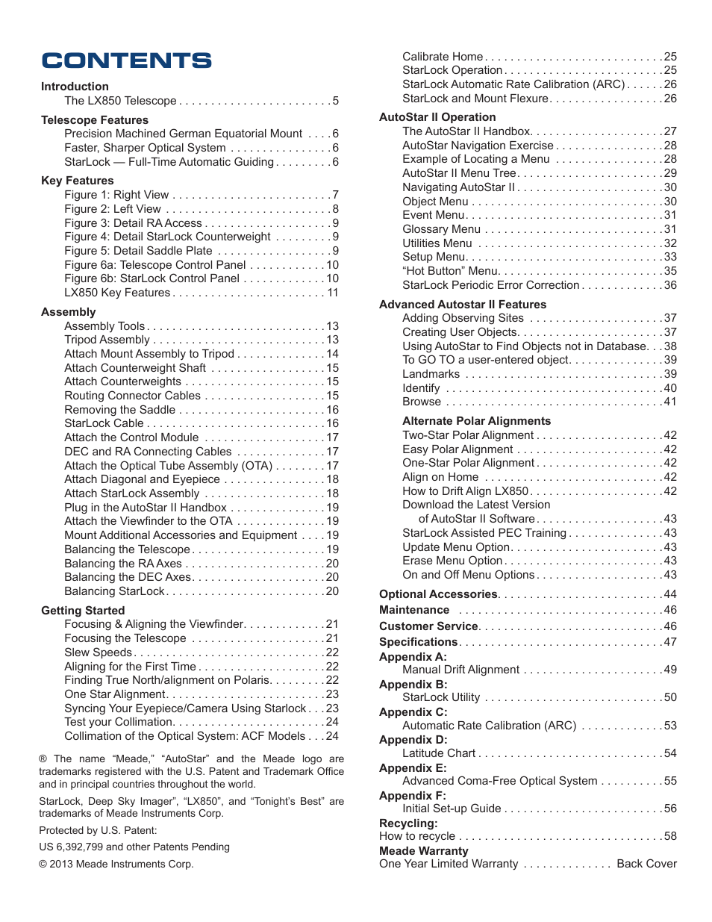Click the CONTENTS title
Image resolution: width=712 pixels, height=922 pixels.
click(x=127, y=60)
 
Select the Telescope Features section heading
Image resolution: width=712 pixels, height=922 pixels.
click(x=95, y=120)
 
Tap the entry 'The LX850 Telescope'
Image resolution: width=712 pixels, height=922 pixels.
click(x=120, y=101)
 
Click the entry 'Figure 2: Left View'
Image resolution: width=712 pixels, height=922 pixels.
click(x=113, y=209)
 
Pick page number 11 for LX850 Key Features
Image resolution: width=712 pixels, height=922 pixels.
click(x=333, y=293)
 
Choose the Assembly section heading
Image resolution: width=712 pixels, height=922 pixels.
click(x=69, y=312)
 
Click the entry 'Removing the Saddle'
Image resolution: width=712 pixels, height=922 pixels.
click(x=120, y=410)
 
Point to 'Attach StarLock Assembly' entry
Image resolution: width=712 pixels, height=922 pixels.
click(x=132, y=493)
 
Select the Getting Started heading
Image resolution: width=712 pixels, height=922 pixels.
click(x=83, y=611)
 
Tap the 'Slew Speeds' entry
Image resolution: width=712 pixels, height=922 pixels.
click(x=98, y=652)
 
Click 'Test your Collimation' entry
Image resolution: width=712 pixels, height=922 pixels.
click(x=119, y=722)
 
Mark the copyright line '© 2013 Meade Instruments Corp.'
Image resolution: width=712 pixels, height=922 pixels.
click(x=116, y=864)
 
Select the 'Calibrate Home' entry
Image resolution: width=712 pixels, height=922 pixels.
click(x=443, y=57)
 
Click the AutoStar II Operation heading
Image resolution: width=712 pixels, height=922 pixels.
click(x=437, y=117)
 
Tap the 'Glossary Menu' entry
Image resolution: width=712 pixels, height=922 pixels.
click(x=441, y=229)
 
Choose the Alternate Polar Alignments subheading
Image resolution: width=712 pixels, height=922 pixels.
click(x=476, y=421)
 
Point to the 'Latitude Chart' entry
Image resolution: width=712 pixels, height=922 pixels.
click(x=439, y=753)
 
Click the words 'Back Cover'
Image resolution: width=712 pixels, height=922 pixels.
click(x=646, y=864)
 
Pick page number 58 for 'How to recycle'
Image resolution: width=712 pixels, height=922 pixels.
click(x=670, y=836)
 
